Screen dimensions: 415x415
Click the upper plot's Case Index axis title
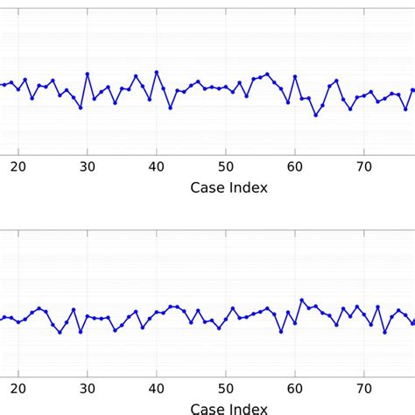pos(229,187)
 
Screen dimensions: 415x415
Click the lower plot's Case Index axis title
pos(229,407)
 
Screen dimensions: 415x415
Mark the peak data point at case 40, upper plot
pos(156,72)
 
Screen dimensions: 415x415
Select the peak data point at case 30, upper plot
pos(88,74)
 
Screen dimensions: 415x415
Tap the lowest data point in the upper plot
pos(316,115)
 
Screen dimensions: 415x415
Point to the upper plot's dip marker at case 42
pos(170,108)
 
